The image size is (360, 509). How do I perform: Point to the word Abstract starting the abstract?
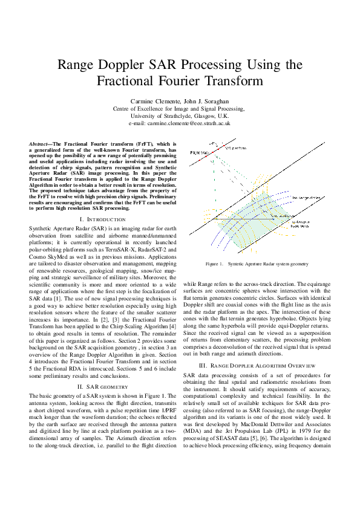click(x=40, y=143)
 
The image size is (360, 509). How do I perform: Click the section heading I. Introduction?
click(x=102, y=218)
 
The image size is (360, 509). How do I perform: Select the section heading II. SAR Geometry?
click(x=102, y=387)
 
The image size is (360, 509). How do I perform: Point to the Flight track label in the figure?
click(x=199, y=152)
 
